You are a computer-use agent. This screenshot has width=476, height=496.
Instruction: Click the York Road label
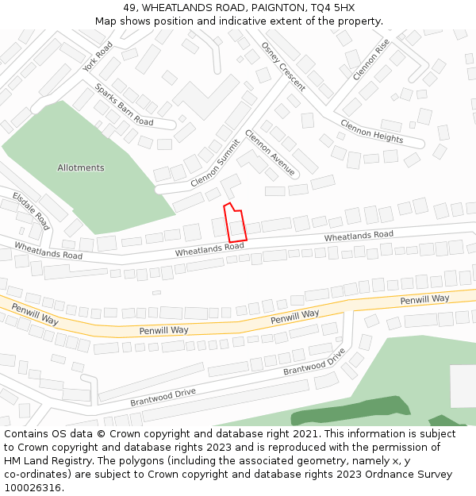pos(98,56)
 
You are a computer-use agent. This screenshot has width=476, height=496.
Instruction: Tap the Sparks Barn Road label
pos(124,105)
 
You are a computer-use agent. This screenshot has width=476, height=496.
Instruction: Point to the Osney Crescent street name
pos(283,66)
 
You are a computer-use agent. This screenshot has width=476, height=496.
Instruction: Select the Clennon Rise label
pos(370,60)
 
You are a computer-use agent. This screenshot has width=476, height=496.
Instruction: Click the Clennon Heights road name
pos(371,131)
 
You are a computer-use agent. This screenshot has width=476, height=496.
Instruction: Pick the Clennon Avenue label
pos(270,153)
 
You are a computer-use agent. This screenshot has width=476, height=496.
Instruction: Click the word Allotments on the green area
pos(81,168)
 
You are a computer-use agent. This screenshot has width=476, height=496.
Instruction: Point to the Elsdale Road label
pos(31,210)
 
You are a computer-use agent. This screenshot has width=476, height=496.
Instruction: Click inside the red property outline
pos(236,226)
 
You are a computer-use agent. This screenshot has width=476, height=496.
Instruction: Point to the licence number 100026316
pos(33,488)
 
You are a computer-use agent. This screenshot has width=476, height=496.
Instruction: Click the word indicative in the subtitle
pos(255,21)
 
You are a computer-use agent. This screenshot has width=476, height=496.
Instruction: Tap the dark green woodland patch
pos(349,411)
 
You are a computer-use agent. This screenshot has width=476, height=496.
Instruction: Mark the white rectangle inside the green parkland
pos(463,386)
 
